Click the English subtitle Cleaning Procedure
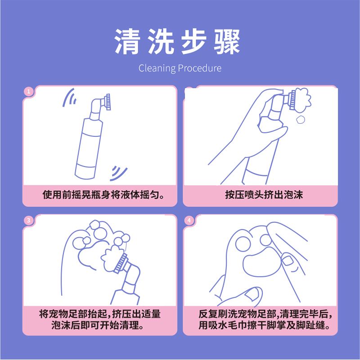[180, 68]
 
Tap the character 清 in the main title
[127, 41]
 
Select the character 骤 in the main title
[227, 41]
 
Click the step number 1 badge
[29, 92]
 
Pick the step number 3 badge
[28, 220]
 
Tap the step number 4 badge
[189, 220]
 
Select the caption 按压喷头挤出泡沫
[264, 195]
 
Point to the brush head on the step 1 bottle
[108, 102]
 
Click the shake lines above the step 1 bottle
[70, 98]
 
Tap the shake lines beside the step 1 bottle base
[118, 173]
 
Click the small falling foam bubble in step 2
[300, 120]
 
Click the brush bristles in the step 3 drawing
[121, 263]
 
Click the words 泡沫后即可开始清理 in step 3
[98, 325]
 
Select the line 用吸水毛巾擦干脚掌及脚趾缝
[265, 325]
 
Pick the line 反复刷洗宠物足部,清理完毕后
[265, 314]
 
